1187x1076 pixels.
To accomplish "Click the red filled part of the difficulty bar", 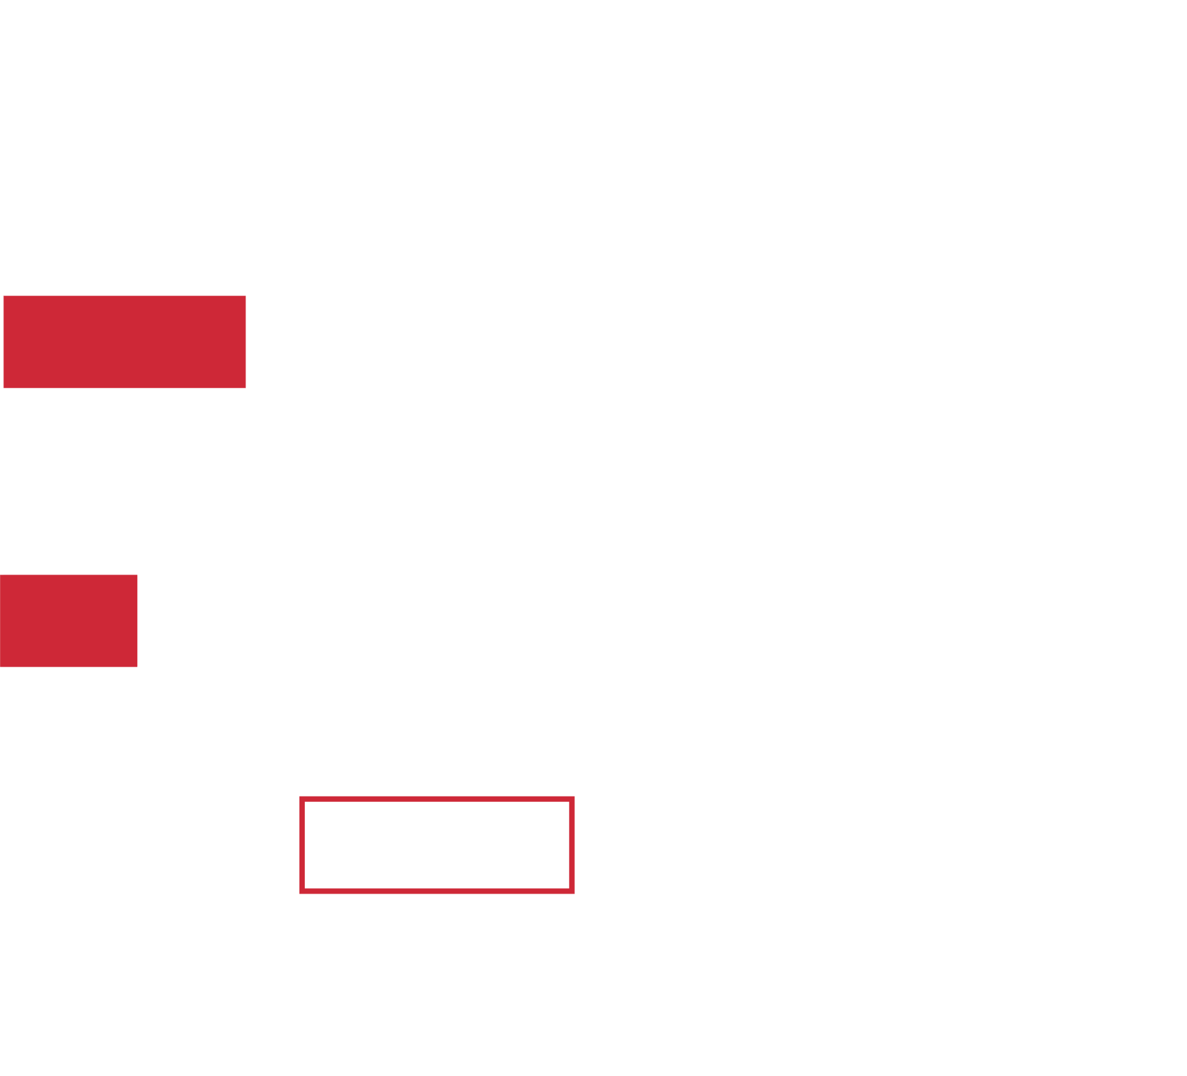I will [x=124, y=342].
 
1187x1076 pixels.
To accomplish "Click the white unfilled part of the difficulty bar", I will [x=617, y=342].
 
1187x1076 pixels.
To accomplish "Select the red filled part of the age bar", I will [x=69, y=621].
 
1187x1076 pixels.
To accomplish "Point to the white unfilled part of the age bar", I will [x=562, y=621].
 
